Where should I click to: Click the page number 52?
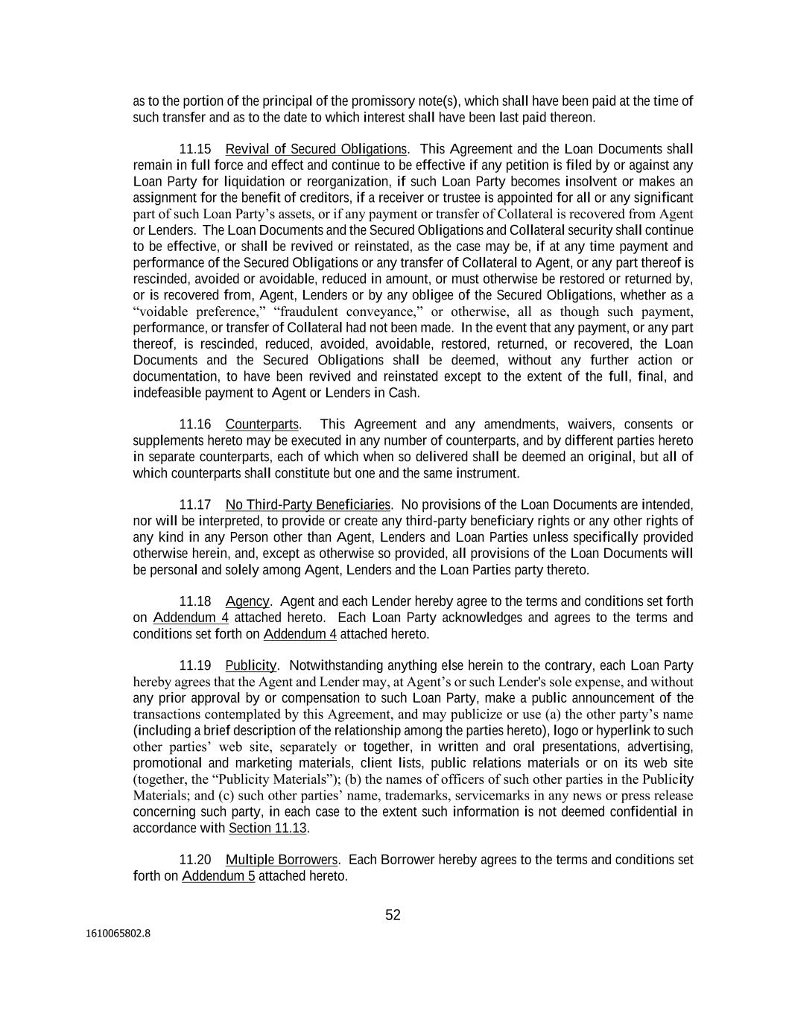coord(393,915)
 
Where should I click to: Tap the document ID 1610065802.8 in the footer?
coord(118,932)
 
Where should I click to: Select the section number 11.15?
coord(195,149)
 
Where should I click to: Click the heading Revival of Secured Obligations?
coord(316,149)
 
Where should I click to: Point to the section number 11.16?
coord(195,425)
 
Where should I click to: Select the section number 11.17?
coord(195,505)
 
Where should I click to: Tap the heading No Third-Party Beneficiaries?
coord(308,505)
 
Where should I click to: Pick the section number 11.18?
coord(195,601)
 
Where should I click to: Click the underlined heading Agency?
coord(247,601)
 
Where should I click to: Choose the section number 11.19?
coord(195,665)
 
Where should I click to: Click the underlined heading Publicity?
coord(250,665)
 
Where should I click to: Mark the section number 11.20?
coord(195,860)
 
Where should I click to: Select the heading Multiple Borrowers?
coord(282,860)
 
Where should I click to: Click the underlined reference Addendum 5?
coord(218,876)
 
